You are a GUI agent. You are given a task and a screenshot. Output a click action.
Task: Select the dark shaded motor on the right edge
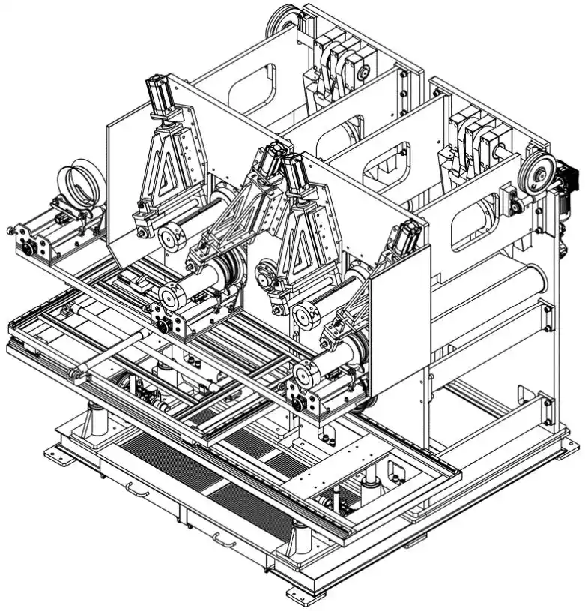coord(566,180)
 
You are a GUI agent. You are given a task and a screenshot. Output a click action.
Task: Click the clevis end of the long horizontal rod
coord(74,373)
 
